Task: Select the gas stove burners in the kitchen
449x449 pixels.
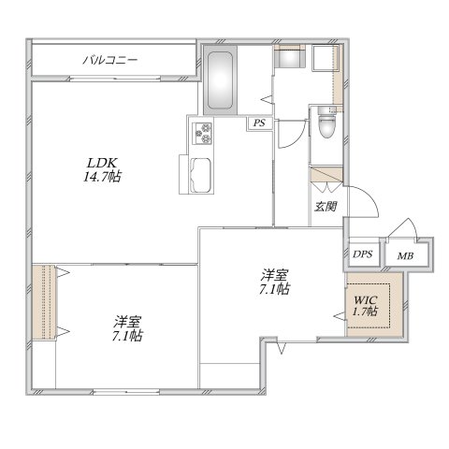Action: click(203, 136)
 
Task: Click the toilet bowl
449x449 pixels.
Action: click(325, 122)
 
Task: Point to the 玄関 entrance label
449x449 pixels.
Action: click(325, 207)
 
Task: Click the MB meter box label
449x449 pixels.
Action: click(405, 254)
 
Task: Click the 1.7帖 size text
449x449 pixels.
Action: click(365, 311)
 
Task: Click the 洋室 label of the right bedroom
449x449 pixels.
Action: click(274, 275)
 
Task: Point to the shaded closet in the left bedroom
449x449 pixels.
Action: click(44, 302)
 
